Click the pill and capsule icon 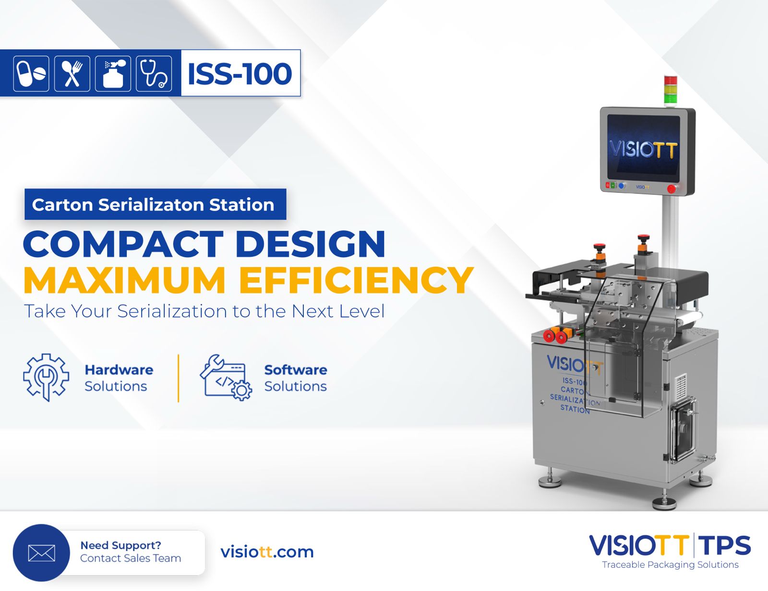click(31, 73)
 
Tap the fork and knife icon click(72, 73)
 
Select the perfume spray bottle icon click(113, 73)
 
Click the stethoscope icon click(154, 73)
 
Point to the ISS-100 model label click(240, 73)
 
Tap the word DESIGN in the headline click(311, 244)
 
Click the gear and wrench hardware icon click(46, 377)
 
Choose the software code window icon click(226, 378)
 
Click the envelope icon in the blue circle click(41, 553)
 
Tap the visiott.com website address click(267, 552)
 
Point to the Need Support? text click(120, 545)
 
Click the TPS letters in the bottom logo click(725, 546)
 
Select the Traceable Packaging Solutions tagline click(670, 565)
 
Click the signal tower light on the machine click(670, 90)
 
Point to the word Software click(296, 370)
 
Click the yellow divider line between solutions click(179, 378)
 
